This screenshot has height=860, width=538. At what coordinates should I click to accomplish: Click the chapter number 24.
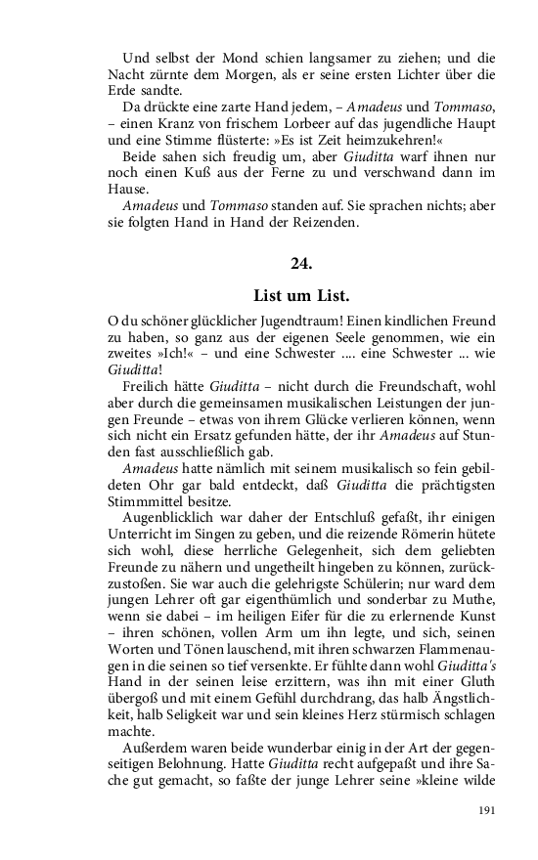[301, 262]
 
